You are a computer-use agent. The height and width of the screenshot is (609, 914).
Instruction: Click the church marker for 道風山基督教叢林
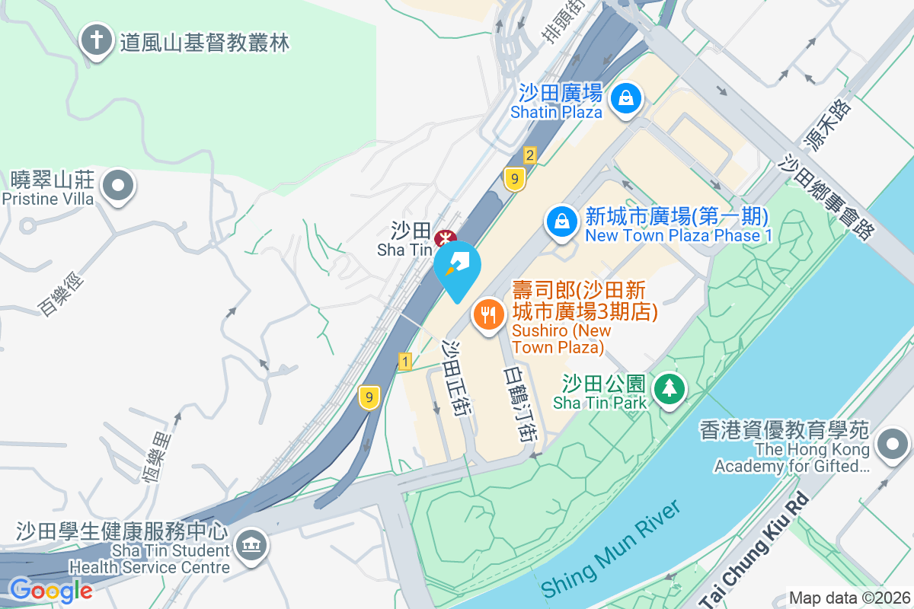point(96,41)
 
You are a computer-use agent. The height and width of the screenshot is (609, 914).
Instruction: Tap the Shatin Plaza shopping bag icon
point(625,98)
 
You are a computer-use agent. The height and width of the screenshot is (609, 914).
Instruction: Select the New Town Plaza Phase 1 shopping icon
point(561,222)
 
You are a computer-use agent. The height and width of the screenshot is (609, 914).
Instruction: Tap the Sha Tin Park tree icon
point(670,389)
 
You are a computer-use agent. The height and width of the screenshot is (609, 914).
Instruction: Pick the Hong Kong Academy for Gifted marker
point(893,444)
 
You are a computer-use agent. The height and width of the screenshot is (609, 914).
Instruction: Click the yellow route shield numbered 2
point(530,155)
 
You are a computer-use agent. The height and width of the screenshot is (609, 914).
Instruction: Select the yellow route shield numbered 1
point(404,362)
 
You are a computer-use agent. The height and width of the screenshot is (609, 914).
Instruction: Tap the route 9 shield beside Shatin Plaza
point(516,179)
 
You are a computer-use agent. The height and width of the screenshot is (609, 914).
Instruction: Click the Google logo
point(50,590)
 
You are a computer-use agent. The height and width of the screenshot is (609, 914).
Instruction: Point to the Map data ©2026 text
point(848,598)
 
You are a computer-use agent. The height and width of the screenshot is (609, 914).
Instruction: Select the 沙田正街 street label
point(458,376)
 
